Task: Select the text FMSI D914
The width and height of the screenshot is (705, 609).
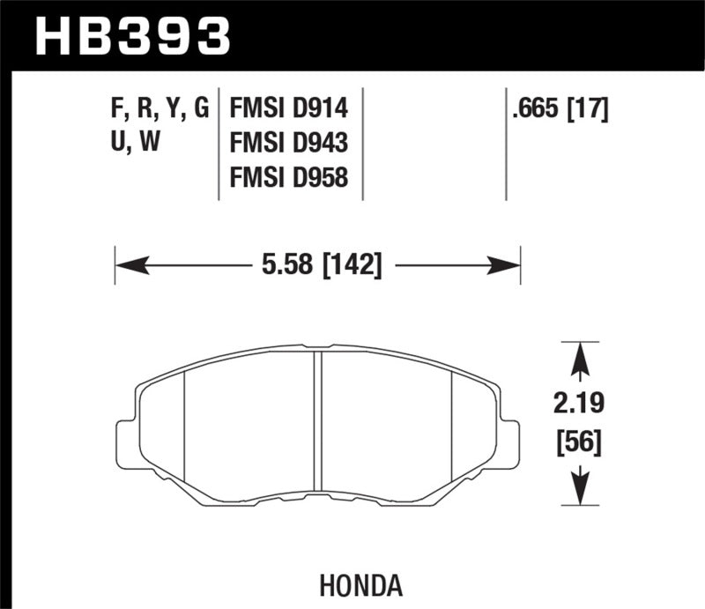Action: (x=288, y=108)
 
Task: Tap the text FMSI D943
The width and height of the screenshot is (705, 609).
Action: (x=288, y=143)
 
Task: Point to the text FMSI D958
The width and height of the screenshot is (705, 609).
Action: (x=288, y=177)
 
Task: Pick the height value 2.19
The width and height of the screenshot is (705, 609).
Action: (x=578, y=406)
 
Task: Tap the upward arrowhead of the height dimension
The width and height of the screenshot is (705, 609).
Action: (x=579, y=359)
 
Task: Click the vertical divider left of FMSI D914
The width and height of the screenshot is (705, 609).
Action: (x=218, y=143)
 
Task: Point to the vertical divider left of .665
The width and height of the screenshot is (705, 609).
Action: (x=506, y=143)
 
